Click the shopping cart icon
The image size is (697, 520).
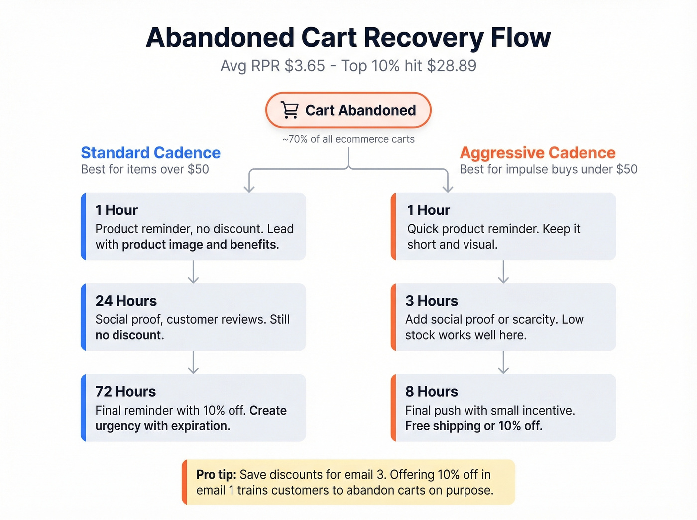click(290, 110)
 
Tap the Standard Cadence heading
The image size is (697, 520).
click(150, 152)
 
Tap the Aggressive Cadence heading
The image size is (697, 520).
click(537, 152)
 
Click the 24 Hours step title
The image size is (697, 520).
click(126, 301)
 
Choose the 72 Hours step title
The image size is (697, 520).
click(125, 391)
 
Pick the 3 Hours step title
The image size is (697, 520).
click(431, 301)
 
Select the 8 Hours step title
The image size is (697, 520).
click(431, 391)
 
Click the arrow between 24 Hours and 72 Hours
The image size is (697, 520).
click(193, 362)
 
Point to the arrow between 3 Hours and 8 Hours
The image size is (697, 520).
click(503, 362)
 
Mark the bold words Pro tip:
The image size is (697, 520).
click(216, 474)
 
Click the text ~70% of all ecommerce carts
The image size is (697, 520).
click(348, 139)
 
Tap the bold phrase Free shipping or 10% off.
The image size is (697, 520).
click(473, 426)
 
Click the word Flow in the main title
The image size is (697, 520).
click(521, 37)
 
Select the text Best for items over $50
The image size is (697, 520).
click(145, 169)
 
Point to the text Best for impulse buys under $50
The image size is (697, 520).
click(548, 169)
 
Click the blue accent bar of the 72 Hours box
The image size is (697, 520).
click(84, 408)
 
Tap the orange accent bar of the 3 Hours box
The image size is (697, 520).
click(393, 317)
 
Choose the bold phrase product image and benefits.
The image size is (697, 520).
click(200, 245)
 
